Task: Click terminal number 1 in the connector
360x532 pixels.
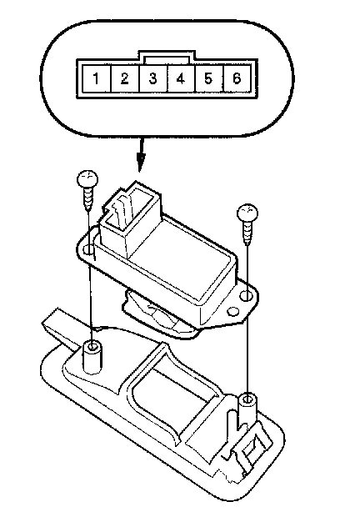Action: tap(97, 78)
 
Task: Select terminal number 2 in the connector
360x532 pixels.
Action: tap(125, 78)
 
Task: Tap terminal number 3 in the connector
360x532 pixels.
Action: tap(152, 78)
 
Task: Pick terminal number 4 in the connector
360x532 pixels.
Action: tap(181, 78)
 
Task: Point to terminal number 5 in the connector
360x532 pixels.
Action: tap(208, 78)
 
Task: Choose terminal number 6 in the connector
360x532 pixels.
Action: tap(237, 78)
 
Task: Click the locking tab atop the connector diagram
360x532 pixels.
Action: tap(167, 57)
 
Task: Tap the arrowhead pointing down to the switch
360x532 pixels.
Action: tap(141, 162)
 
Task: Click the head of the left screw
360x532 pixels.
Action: tap(87, 178)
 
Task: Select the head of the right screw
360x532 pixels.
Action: tap(247, 213)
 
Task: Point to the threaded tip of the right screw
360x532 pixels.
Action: tap(247, 233)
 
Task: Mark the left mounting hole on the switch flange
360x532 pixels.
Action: tap(88, 249)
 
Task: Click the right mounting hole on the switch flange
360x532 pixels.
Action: tap(246, 296)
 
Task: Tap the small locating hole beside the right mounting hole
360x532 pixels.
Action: tap(232, 311)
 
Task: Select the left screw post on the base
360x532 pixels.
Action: tap(92, 357)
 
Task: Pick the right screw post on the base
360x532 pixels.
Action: tap(247, 409)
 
